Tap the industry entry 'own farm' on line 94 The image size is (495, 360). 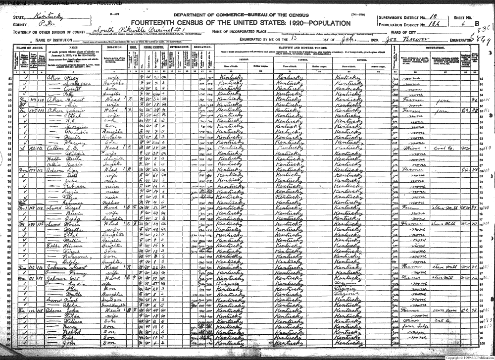click(443, 309)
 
